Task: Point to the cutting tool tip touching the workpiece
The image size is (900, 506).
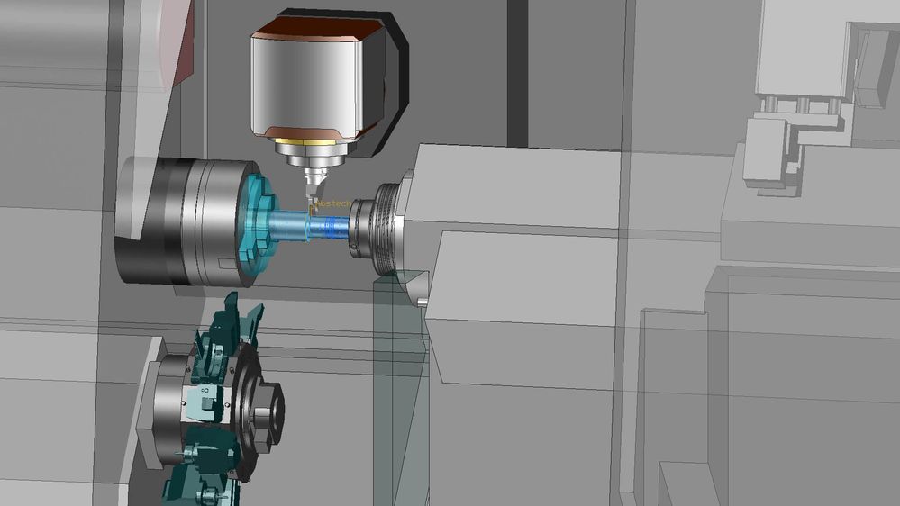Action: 310,205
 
